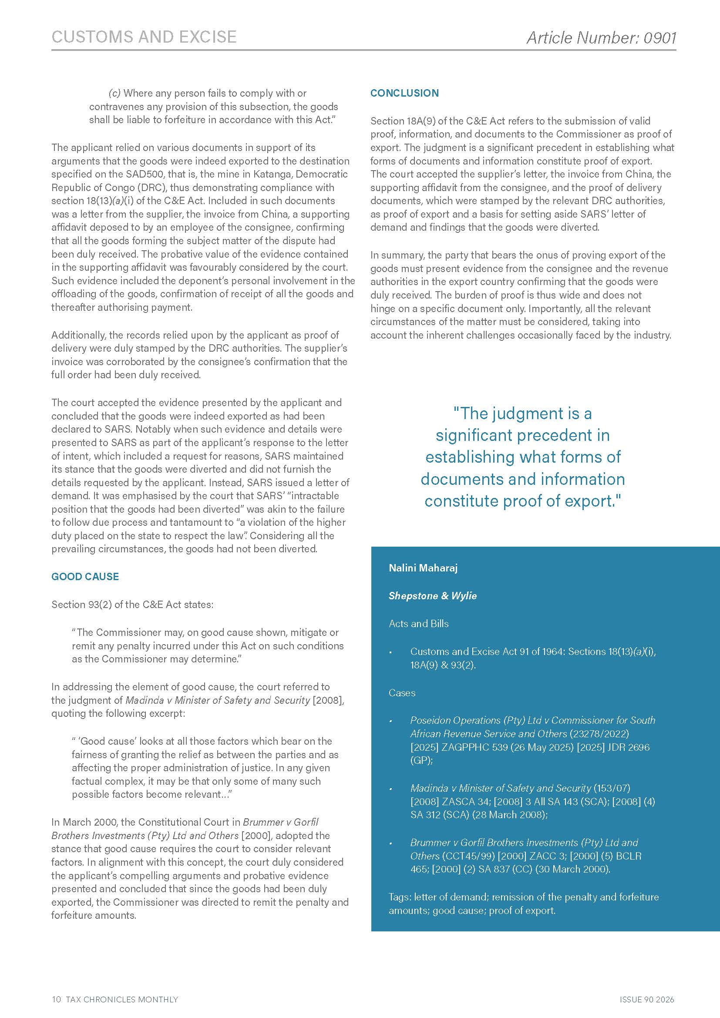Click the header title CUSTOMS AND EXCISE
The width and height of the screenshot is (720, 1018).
click(x=144, y=37)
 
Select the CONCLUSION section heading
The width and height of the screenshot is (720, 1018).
click(x=404, y=93)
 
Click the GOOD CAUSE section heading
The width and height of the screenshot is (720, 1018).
click(x=85, y=576)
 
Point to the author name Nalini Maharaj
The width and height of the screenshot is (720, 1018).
click(x=423, y=568)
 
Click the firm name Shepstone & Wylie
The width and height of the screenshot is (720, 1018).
click(x=432, y=596)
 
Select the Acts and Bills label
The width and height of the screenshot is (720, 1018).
click(x=418, y=624)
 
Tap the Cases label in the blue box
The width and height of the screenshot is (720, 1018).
click(x=402, y=693)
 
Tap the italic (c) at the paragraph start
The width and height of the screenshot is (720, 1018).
click(x=114, y=94)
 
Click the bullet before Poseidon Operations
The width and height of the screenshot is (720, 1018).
click(x=390, y=722)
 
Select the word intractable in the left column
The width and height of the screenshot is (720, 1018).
click(x=315, y=496)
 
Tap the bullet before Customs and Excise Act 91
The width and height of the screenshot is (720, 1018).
click(x=390, y=653)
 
